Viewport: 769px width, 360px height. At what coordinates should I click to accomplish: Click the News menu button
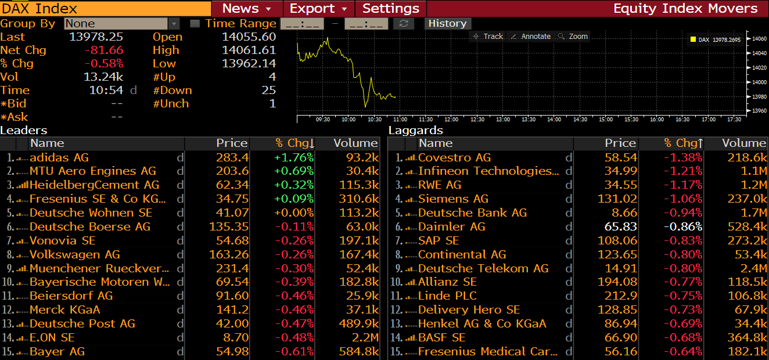(x=247, y=9)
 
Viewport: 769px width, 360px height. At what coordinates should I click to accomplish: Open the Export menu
(x=319, y=9)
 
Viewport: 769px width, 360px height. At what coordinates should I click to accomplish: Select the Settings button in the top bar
(x=391, y=9)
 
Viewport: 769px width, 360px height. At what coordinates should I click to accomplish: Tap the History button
(x=447, y=23)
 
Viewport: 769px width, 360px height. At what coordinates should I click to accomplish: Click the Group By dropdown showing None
(x=122, y=24)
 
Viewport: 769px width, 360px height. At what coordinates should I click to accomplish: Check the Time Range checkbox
(x=195, y=24)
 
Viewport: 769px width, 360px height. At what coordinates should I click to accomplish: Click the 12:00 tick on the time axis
(x=451, y=119)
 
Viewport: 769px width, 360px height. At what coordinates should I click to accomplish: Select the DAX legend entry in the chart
(x=715, y=39)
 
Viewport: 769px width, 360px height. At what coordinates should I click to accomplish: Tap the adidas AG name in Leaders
(x=59, y=157)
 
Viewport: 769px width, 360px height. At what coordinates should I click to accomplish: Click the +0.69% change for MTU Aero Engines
(x=294, y=171)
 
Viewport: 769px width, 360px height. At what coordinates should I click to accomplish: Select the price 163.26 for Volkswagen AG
(x=232, y=254)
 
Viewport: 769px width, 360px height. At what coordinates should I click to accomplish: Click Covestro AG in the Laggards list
(x=454, y=157)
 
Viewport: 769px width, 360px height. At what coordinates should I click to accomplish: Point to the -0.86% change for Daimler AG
(x=684, y=226)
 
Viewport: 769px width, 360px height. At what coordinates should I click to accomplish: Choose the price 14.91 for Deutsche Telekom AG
(x=621, y=268)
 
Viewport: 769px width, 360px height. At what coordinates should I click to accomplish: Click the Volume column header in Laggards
(x=743, y=143)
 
